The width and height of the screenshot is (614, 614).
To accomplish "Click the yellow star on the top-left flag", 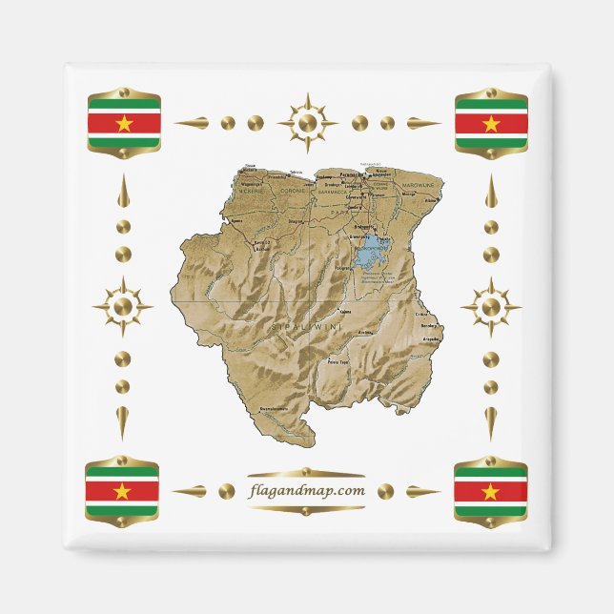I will point(124,122).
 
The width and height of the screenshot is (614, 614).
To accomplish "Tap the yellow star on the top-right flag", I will point(491,123).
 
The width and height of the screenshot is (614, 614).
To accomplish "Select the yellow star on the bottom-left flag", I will point(122,491).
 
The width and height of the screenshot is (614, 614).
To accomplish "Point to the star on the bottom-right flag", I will point(490,491).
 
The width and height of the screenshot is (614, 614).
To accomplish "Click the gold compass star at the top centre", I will point(307,123).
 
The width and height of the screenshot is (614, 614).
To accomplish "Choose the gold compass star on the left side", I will point(122,307).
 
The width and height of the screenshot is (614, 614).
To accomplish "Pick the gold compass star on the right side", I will point(490,307).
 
